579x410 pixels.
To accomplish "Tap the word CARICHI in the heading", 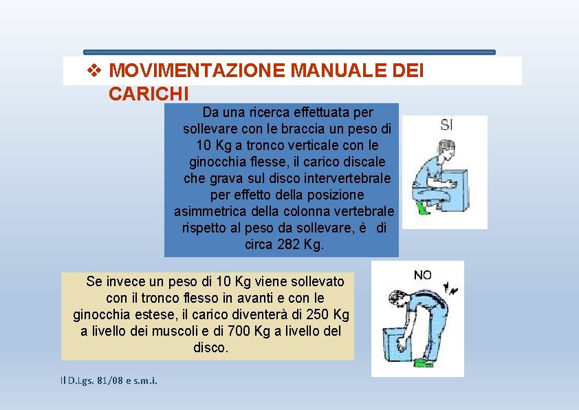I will [x=149, y=93].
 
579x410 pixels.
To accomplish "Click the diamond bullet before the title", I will [x=96, y=71].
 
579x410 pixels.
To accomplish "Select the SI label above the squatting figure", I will [x=447, y=125].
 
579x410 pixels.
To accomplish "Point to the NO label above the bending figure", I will [x=423, y=275].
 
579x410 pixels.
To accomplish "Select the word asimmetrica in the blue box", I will [x=215, y=211].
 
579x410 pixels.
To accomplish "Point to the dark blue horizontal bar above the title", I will [x=289, y=52].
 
